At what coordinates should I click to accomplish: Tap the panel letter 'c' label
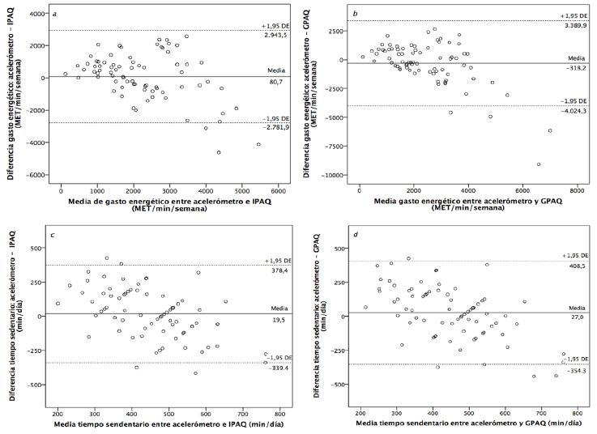tap(52, 236)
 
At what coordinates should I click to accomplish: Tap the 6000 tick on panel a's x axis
tap(279, 192)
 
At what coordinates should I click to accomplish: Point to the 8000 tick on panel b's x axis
tap(577, 192)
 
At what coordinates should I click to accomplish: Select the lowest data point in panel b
tap(538, 164)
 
